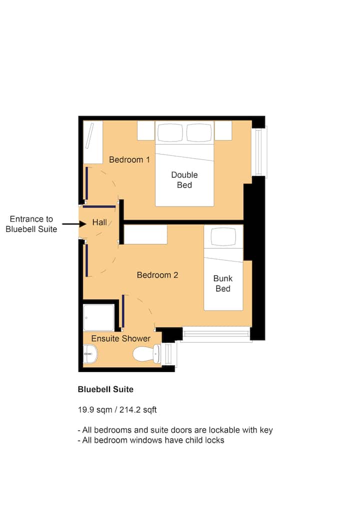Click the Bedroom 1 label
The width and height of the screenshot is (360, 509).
point(129,159)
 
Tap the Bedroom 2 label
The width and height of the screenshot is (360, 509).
point(157,275)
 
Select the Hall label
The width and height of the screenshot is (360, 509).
point(99,222)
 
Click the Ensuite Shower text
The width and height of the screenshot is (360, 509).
point(121,338)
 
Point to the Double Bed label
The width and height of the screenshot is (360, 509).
point(184,180)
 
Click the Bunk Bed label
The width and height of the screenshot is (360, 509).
point(223,283)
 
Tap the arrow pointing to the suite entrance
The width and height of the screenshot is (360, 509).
point(74,223)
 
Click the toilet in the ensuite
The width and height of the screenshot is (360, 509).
point(146,354)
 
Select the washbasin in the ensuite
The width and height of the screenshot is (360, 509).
point(90,353)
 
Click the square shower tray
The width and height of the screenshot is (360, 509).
point(98,317)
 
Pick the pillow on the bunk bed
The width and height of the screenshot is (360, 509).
point(223,236)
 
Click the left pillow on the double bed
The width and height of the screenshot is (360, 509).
point(170,132)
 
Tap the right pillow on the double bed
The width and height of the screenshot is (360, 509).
point(199,132)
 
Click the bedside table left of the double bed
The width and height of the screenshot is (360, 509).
point(146,130)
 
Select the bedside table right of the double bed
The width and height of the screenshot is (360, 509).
point(223,130)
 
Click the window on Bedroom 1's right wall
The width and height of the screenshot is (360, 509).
point(259,152)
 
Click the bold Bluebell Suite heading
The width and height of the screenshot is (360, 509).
point(105,389)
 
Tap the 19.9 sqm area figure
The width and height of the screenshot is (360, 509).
point(95,409)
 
